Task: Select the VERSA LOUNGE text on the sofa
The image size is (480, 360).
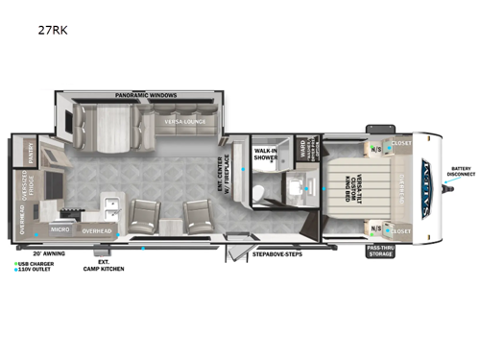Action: coord(182,122)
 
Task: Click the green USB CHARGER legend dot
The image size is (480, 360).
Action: coord(15,261)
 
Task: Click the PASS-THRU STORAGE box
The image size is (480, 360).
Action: coord(380,252)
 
